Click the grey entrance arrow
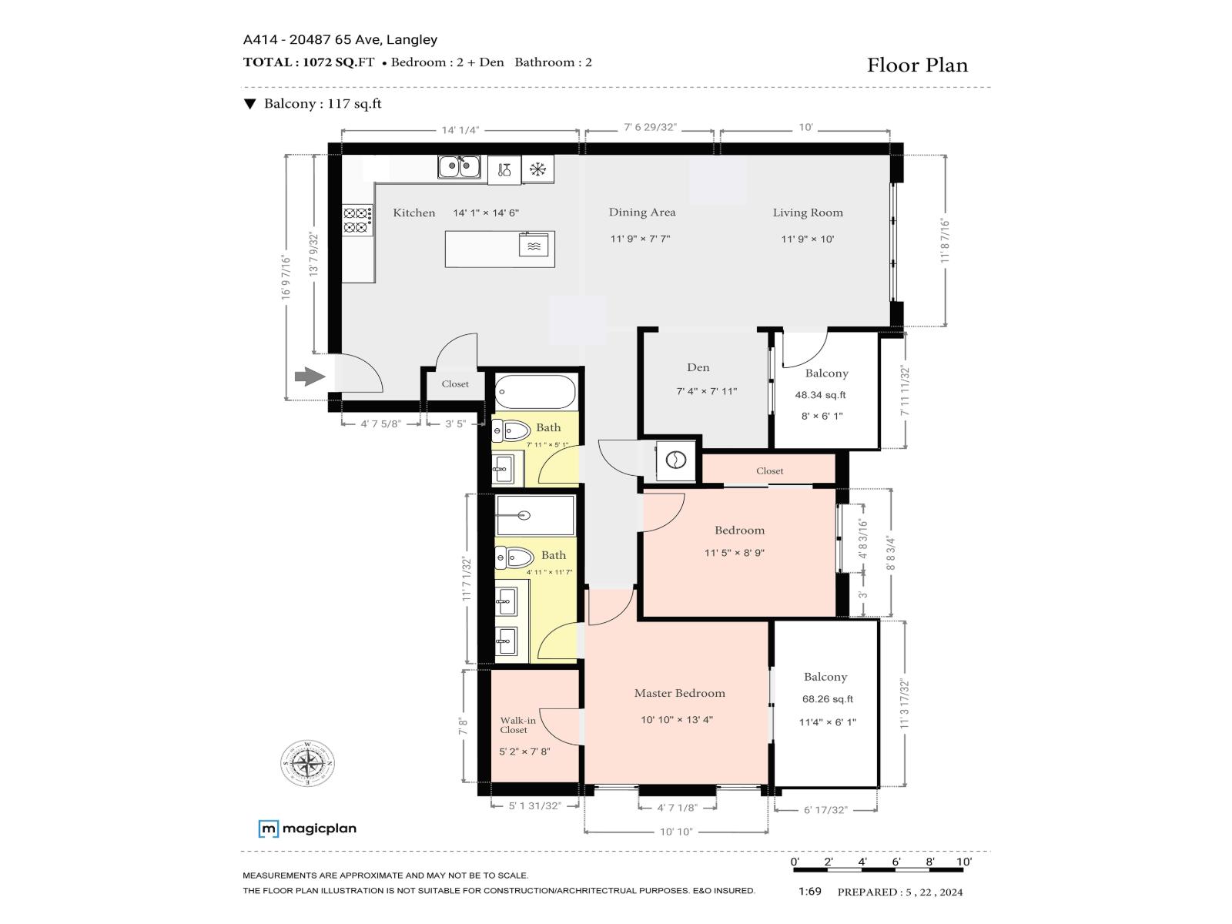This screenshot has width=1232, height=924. click(x=310, y=377)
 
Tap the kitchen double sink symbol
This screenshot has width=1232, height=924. click(x=459, y=166)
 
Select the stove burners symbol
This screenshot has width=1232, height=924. click(x=357, y=220)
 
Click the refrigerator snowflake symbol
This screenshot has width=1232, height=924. click(x=537, y=169)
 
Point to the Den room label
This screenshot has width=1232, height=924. click(x=698, y=367)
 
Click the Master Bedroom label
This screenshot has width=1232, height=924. click(x=680, y=693)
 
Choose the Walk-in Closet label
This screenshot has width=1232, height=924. click(x=517, y=725)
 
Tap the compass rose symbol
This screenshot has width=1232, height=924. click(x=307, y=763)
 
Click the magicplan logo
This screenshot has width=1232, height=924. click(x=307, y=829)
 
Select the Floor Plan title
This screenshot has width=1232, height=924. click(x=917, y=65)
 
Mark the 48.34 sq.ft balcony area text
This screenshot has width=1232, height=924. click(x=820, y=395)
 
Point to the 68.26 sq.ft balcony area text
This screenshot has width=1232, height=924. click(x=827, y=699)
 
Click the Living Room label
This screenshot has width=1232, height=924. click(x=808, y=213)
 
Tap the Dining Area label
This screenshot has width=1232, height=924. click(x=642, y=212)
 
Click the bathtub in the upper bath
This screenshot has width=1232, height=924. click(x=535, y=392)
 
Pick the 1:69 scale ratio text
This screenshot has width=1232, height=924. click(x=810, y=892)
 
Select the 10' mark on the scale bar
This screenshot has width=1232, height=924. click(x=964, y=862)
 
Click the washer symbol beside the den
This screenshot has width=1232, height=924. click(x=676, y=460)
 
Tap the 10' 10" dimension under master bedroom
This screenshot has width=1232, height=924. click(x=676, y=832)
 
